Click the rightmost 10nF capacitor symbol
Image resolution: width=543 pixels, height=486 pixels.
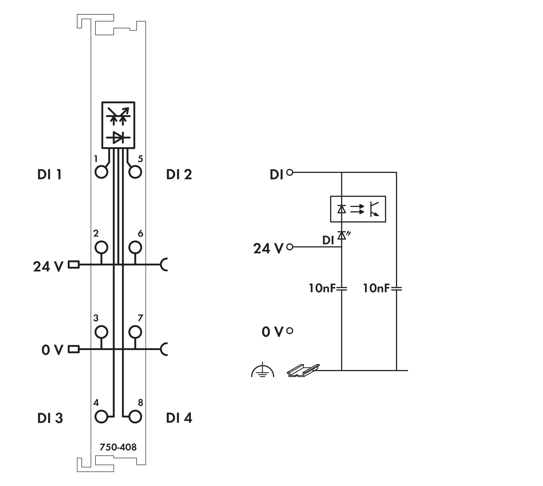[x=396, y=288]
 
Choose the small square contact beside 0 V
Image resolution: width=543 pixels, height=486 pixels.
[x=74, y=349]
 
